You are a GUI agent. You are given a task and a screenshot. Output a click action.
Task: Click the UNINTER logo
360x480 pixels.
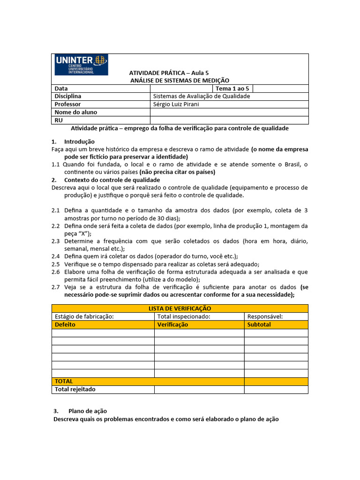tap(81, 65)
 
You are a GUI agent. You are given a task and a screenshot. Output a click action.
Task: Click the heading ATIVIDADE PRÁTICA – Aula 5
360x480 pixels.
tap(169, 73)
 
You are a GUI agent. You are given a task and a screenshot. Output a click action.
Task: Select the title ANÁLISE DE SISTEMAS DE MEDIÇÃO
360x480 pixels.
tap(180, 81)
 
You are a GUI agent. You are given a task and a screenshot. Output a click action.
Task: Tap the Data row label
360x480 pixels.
tap(61, 89)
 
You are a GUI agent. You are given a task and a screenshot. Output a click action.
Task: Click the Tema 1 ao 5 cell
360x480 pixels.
tap(232, 89)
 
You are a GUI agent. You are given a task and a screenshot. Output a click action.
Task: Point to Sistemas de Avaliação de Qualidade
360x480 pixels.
tap(202, 96)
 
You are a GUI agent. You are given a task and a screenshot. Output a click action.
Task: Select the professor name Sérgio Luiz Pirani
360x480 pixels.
tap(176, 104)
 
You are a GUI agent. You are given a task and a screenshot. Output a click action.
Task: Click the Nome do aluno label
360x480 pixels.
tap(76, 112)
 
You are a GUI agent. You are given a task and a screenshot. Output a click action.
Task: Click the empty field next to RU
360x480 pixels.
tap(229, 120)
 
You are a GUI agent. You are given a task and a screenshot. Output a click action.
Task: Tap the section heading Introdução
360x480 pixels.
tap(79, 142)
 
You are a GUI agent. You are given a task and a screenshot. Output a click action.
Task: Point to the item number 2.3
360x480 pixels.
tap(56, 241)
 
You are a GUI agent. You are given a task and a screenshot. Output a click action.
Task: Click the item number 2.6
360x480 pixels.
tap(56, 271)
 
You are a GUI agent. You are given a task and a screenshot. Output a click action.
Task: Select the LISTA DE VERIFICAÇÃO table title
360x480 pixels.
tap(180, 308)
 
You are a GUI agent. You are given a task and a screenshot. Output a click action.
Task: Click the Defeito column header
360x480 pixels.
tap(65, 324)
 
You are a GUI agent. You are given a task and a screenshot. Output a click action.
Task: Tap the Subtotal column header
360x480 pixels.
tap(259, 324)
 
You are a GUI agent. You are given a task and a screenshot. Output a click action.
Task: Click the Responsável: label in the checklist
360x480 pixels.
tap(265, 316)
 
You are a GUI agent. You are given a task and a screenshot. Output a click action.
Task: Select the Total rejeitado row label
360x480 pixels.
tap(75, 389)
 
